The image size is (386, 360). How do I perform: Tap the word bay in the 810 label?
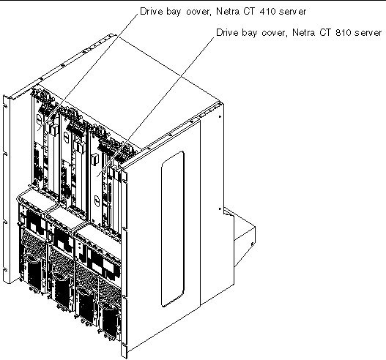(x=249, y=33)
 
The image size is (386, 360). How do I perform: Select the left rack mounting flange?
(x=6, y=190)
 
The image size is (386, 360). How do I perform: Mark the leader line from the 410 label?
(x=88, y=71)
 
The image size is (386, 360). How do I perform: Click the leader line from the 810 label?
(x=155, y=106)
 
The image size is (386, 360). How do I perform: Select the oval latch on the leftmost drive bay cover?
(x=38, y=119)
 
